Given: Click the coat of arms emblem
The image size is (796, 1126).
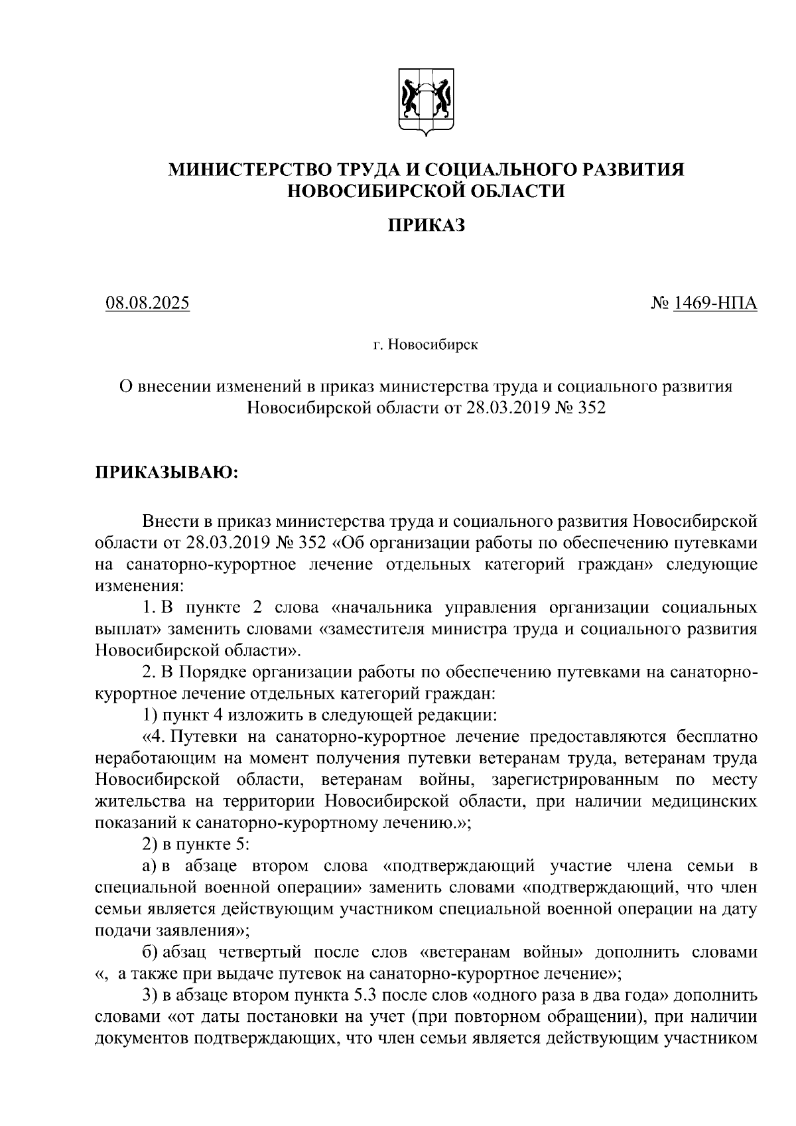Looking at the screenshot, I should pos(427,101).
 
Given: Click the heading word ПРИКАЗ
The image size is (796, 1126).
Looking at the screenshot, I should pos(426,226).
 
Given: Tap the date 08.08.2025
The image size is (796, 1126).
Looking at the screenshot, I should pos(147,303).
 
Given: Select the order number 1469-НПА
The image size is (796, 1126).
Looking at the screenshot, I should pos(715,303).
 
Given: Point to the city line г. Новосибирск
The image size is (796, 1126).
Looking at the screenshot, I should pos(425,345).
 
